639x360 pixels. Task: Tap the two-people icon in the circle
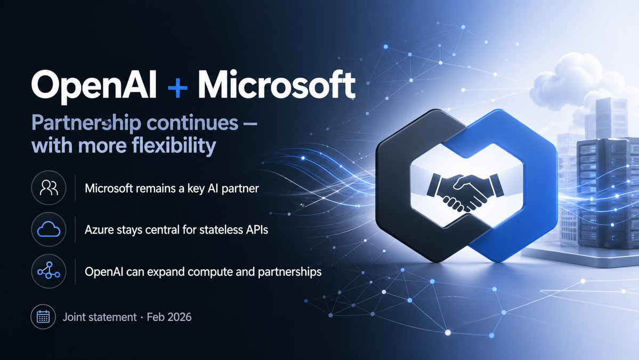[48, 188]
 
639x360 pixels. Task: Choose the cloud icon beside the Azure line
[48, 230]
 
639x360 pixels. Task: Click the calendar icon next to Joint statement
[43, 317]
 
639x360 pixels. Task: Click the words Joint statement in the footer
[100, 317]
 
